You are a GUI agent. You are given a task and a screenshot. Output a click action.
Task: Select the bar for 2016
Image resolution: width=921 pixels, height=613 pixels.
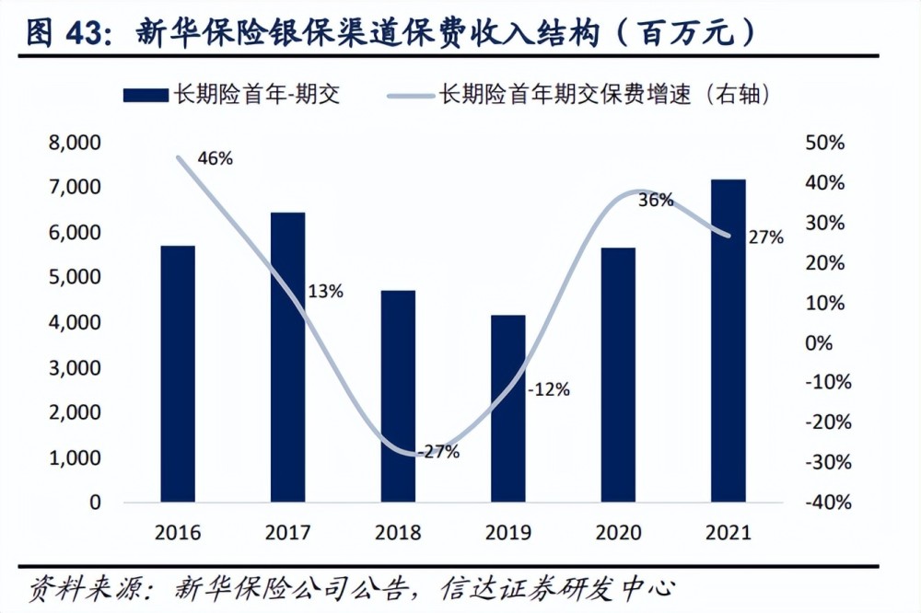[178, 374]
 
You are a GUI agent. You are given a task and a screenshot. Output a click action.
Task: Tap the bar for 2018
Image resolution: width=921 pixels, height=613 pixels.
[398, 396]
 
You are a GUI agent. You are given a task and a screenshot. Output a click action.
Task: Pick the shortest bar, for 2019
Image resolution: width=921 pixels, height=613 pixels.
[507, 409]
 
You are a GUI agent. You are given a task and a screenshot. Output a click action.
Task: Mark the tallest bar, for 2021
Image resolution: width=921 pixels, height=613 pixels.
[728, 341]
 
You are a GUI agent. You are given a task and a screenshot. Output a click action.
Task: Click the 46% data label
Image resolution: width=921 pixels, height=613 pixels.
[215, 157]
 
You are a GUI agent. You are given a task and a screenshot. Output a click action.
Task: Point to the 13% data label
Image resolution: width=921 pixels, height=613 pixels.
[325, 292]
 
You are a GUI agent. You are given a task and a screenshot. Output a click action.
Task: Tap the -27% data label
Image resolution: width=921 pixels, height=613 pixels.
[437, 452]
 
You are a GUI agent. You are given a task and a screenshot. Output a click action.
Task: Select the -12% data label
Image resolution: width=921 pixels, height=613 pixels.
[548, 389]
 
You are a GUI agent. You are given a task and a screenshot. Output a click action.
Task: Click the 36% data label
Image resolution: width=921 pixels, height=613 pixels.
[656, 200]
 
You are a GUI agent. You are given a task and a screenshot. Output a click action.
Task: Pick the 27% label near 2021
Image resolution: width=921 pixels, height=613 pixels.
[765, 237]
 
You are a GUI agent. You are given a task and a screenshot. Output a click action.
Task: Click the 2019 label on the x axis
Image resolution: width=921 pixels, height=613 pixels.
[507, 533]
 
